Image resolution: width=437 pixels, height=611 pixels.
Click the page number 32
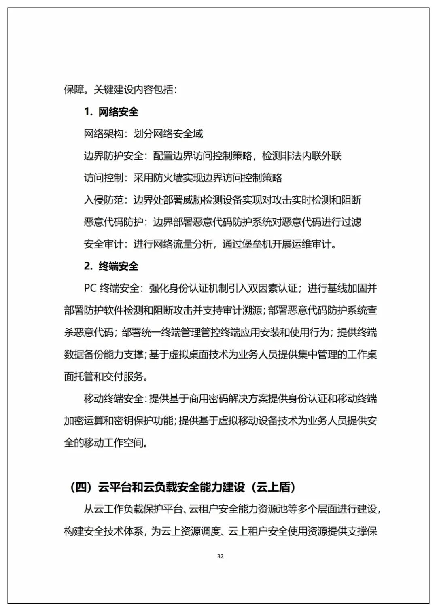pos(220,556)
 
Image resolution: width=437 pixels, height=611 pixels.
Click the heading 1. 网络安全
pos(111,112)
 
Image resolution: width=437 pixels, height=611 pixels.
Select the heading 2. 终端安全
pos(111,266)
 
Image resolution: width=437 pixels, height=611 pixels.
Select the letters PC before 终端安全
pos(90,289)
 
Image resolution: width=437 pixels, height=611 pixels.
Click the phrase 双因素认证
pos(272,289)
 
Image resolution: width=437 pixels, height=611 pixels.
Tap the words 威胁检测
pos(198,200)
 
